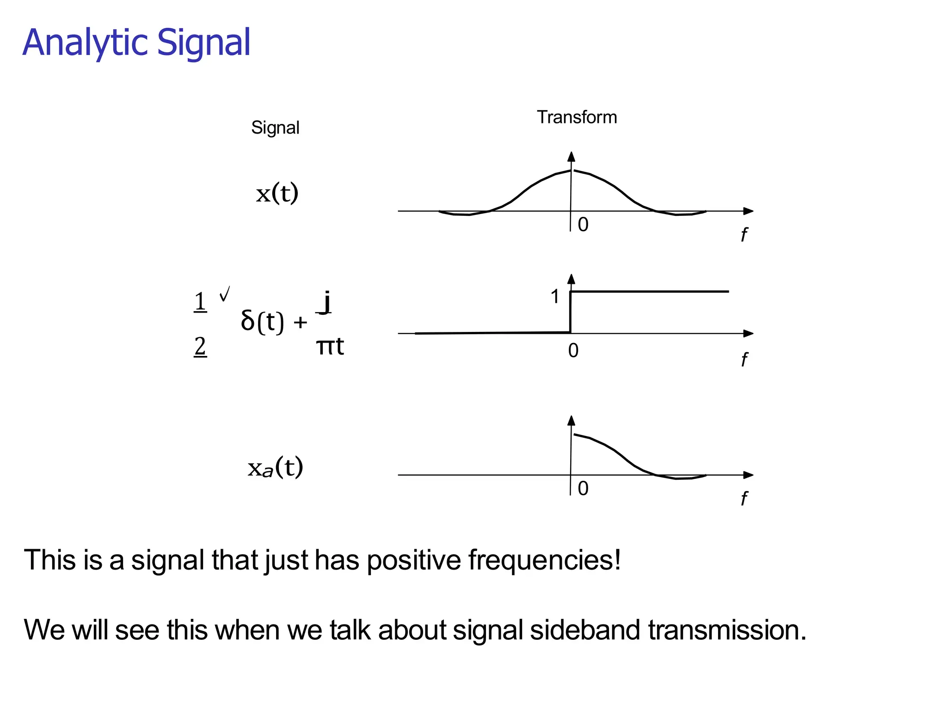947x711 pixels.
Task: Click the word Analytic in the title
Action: tap(86, 43)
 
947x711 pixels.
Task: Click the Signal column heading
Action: tap(275, 128)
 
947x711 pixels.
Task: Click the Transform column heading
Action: tap(577, 117)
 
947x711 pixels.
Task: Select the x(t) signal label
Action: tap(277, 193)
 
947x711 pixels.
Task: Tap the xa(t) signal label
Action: tap(276, 467)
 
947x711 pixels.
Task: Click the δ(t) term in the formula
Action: tap(262, 321)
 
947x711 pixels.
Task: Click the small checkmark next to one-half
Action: tap(225, 294)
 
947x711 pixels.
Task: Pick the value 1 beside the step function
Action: tap(555, 297)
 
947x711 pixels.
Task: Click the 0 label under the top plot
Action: tap(583, 225)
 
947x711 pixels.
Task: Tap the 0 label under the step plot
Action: tap(573, 351)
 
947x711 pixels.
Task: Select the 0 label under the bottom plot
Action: tap(583, 489)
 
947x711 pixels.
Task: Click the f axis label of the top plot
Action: tap(744, 235)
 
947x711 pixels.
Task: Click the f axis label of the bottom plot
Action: tap(744, 498)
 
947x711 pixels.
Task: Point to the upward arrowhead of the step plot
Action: tap(572, 279)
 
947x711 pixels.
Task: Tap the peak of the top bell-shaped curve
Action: tap(572, 171)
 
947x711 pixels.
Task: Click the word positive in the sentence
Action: tap(414, 560)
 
